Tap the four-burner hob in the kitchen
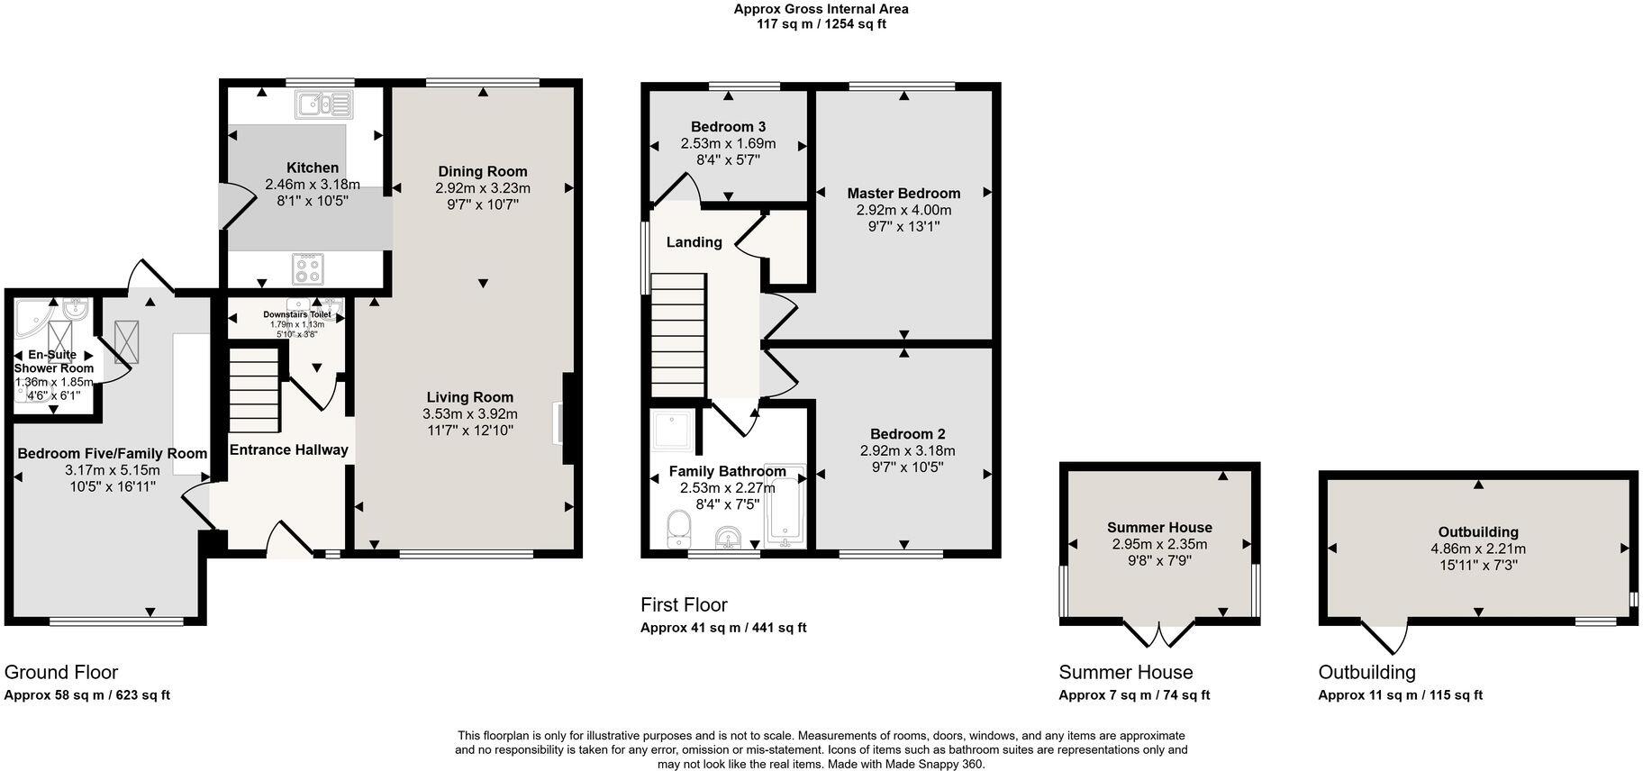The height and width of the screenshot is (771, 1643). (308, 268)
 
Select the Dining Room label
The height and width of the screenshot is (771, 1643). (483, 171)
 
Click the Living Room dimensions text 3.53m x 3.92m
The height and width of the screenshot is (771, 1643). (470, 414)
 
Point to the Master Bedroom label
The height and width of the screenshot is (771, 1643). (903, 193)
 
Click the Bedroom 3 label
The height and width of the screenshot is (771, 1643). (728, 127)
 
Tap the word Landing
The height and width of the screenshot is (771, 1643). (694, 241)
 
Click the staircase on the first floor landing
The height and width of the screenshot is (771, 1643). (677, 335)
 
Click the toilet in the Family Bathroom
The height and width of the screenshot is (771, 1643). (677, 530)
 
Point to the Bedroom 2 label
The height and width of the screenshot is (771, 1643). (908, 434)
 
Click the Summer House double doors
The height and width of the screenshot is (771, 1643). (1160, 633)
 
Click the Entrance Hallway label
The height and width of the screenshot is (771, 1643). (288, 449)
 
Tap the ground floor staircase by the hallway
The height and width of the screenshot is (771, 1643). (255, 391)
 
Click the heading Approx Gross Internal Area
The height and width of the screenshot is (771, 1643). (821, 9)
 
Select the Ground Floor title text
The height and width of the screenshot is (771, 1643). (61, 672)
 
